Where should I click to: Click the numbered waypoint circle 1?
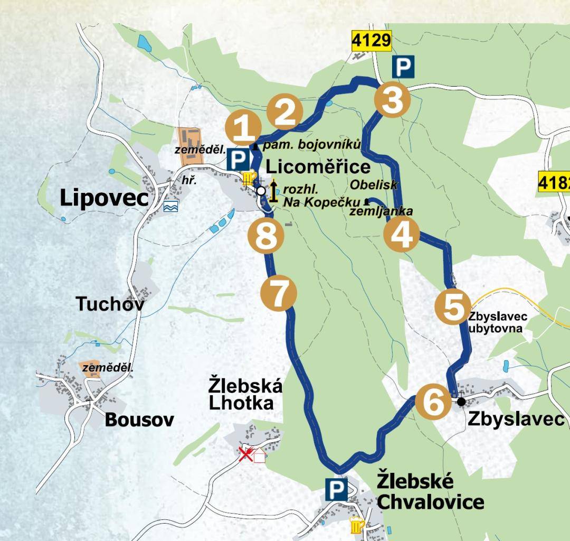(243, 129)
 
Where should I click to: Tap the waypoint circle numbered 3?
(392, 100)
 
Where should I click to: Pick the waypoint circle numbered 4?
(401, 235)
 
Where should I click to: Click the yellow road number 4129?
(372, 40)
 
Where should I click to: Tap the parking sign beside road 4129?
(403, 68)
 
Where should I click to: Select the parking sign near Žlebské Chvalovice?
(336, 490)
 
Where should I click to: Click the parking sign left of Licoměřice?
(238, 159)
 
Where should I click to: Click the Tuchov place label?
(109, 304)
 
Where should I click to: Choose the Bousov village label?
(139, 420)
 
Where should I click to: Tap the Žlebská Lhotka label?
(245, 394)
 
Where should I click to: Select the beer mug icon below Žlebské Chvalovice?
(357, 525)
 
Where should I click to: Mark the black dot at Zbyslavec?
(461, 402)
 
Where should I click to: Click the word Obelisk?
(374, 184)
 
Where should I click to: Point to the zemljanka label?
(381, 211)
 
